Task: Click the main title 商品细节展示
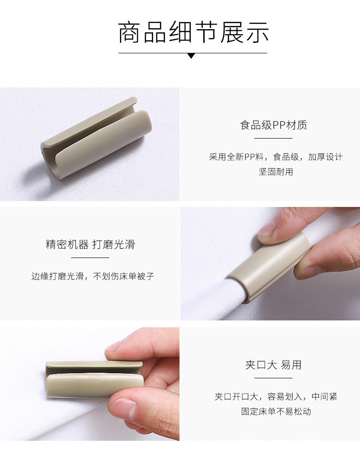tap(193, 33)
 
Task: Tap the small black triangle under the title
tap(191, 56)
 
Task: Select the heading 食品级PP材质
tap(273, 125)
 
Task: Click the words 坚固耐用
tap(276, 172)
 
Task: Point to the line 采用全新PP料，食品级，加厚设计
tap(276, 157)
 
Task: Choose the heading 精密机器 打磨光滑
tap(90, 244)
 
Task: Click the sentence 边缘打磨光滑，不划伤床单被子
tap(93, 276)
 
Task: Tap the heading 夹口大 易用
tap(273, 365)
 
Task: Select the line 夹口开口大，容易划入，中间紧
tap(276, 397)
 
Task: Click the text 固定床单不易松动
tap(276, 411)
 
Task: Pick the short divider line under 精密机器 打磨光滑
tap(90, 258)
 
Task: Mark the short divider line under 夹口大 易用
tap(273, 378)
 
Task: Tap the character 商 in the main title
tap(129, 33)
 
